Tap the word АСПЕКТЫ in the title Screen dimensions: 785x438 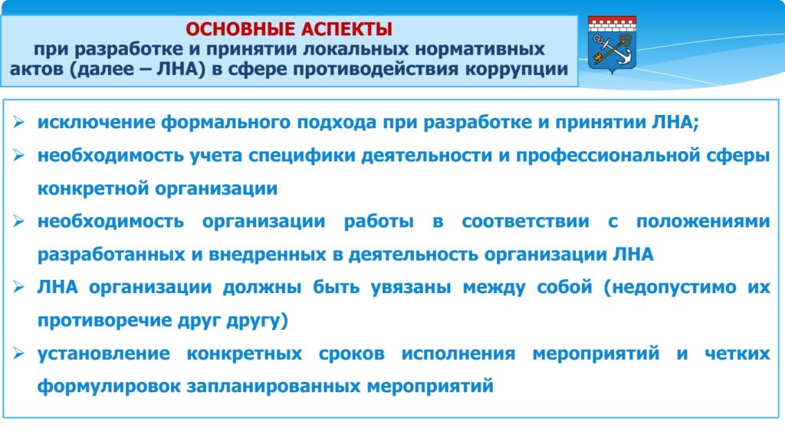click(347, 29)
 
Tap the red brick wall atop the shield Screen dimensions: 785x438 click(612, 24)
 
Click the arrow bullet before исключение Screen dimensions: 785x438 click(19, 122)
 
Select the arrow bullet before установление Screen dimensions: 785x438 click(19, 354)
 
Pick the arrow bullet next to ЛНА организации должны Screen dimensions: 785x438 click(19, 287)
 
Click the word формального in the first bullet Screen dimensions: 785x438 click(225, 122)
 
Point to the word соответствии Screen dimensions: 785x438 click(525, 222)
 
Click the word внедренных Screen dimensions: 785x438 click(268, 255)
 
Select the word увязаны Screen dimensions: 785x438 click(411, 288)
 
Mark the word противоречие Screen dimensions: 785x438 click(99, 321)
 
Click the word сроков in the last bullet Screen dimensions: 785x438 click(351, 354)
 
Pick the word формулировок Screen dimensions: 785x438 click(109, 387)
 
